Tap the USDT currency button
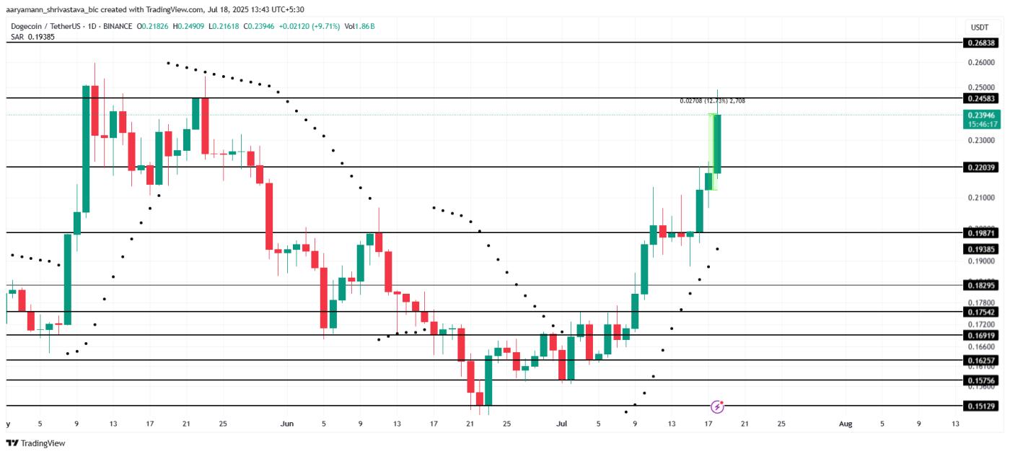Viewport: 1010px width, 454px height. point(979,27)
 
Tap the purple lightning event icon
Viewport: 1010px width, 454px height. point(717,406)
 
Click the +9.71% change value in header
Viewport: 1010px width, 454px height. point(324,27)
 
